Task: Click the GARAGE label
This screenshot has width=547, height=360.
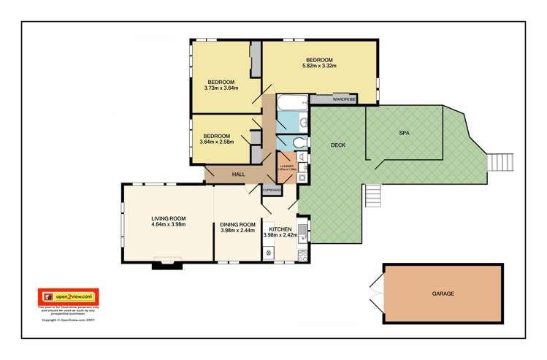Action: [x=443, y=294]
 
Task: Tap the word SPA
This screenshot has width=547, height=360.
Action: [x=404, y=133]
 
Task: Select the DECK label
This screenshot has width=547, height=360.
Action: [x=337, y=145]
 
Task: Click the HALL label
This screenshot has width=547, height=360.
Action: [x=238, y=175]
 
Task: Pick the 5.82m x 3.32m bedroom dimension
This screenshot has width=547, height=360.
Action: [x=319, y=66]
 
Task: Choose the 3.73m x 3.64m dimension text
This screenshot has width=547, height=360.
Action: [x=221, y=88]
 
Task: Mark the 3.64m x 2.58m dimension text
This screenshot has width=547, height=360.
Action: [x=216, y=142]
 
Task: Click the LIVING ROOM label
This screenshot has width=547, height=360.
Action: [x=169, y=218]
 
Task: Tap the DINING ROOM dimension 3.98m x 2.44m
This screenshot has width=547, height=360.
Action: [x=237, y=231]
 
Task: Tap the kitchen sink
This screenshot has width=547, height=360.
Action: [x=303, y=232]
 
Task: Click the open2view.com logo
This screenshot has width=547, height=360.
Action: [x=68, y=296]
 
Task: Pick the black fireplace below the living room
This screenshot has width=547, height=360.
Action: [x=166, y=265]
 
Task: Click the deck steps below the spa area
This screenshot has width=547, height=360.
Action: [x=373, y=194]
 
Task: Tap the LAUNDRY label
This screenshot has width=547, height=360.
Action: [x=286, y=167]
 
